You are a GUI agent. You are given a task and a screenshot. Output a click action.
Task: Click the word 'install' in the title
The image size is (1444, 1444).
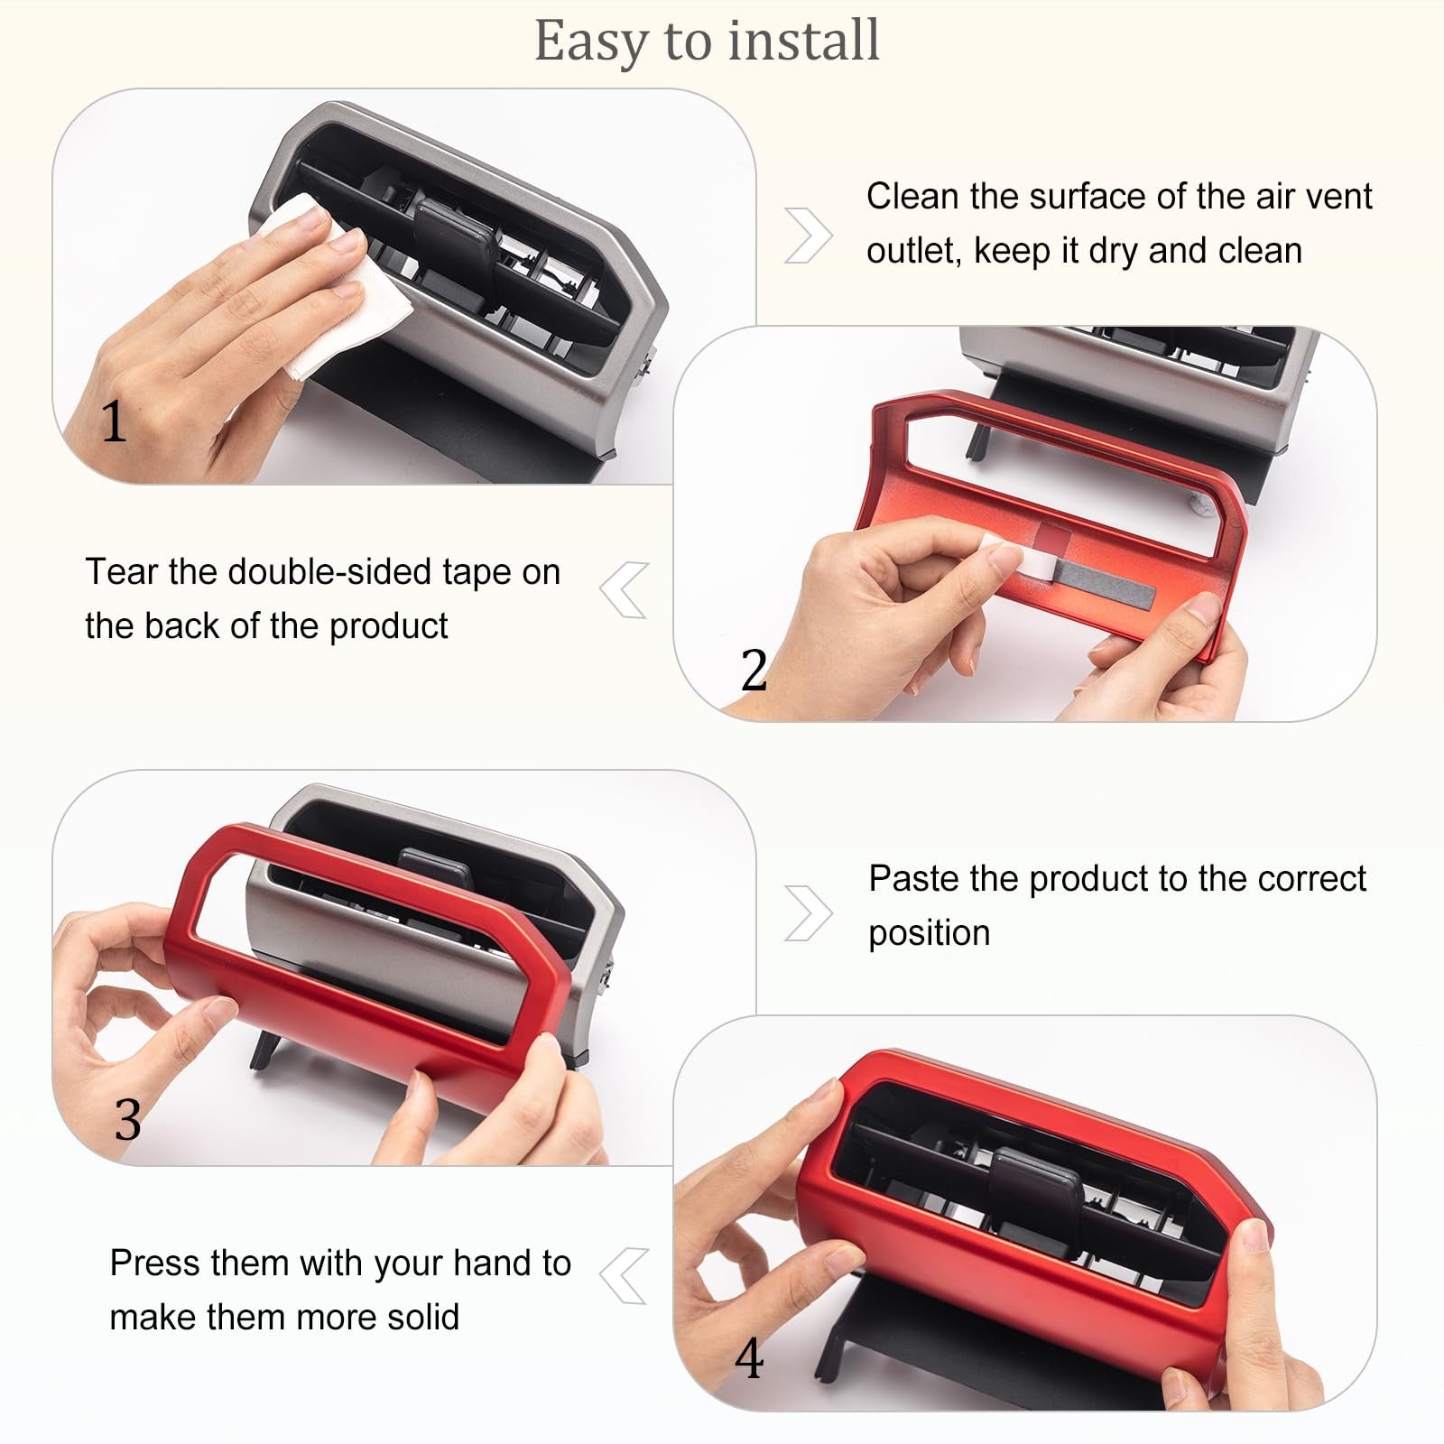click(804, 41)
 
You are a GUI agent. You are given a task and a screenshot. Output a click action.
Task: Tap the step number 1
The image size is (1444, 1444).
click(113, 421)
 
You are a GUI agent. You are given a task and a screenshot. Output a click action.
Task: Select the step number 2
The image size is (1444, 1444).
click(754, 670)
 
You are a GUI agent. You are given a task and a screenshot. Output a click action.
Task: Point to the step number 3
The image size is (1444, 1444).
click(128, 1120)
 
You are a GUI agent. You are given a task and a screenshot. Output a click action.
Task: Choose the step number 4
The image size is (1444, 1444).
click(749, 1358)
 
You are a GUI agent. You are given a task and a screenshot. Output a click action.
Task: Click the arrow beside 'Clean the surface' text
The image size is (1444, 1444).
click(809, 236)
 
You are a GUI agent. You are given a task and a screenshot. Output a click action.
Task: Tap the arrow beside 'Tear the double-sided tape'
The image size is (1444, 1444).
click(624, 590)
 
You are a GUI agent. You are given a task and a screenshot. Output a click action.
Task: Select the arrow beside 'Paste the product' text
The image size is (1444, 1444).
click(809, 913)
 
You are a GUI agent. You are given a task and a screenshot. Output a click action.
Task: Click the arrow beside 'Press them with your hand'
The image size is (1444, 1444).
click(624, 1276)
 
